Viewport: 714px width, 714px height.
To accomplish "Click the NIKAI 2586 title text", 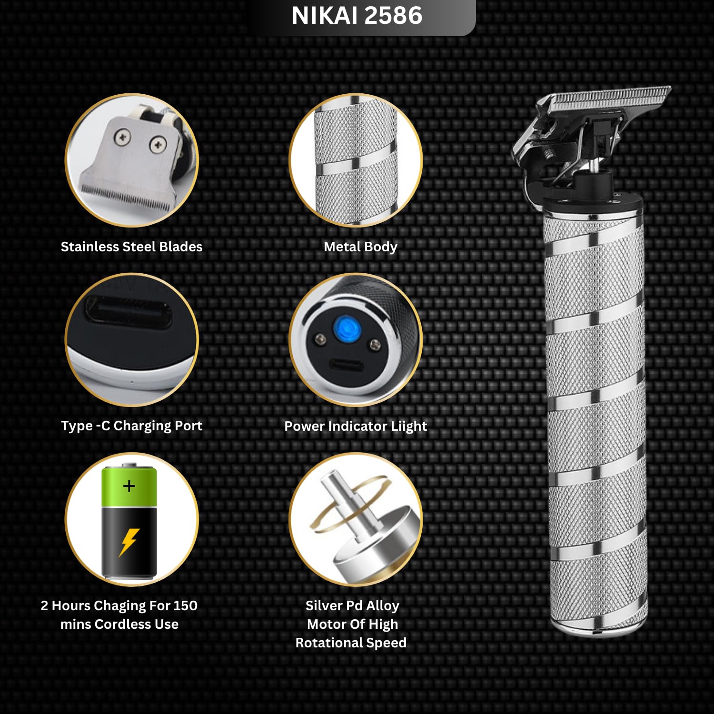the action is point(357,15).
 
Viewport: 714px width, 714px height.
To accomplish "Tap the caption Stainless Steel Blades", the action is point(131,247).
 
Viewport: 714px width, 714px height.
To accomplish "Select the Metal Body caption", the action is point(360,247).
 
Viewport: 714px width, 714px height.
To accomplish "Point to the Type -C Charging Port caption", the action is point(131,426).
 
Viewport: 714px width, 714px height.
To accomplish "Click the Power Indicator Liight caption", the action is point(356,426).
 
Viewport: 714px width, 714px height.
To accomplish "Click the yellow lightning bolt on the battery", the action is point(129,542).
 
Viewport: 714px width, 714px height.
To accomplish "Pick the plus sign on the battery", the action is point(129,486).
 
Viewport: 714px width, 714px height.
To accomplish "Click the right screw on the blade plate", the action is point(158,144).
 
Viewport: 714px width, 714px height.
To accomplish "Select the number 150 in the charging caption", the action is point(185,605).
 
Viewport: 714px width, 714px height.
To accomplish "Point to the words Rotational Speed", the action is point(351,643).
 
